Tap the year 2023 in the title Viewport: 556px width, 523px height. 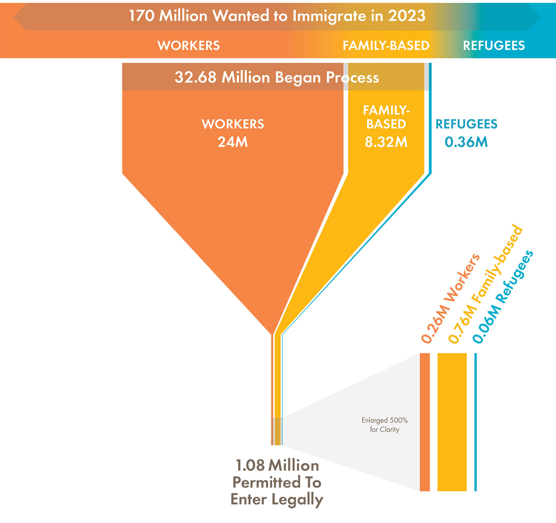407,16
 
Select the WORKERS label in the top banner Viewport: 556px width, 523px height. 188,45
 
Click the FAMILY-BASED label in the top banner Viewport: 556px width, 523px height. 386,45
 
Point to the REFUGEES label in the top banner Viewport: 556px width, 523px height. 494,45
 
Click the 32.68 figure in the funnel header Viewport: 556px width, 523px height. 195,77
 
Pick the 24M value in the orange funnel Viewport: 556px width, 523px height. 232,142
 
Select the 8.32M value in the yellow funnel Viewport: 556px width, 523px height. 386,142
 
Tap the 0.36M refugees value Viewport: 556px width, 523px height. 466,142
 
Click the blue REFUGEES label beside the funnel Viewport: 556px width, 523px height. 466,124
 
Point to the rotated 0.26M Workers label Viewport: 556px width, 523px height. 450,299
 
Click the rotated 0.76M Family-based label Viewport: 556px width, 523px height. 485,285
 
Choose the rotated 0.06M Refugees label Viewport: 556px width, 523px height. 503,297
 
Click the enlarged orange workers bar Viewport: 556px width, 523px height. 425,422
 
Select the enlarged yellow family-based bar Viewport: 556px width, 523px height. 452,422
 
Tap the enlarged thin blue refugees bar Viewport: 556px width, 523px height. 475,422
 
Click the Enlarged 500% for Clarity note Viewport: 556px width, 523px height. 384,425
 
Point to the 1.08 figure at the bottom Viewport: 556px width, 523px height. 250,465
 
